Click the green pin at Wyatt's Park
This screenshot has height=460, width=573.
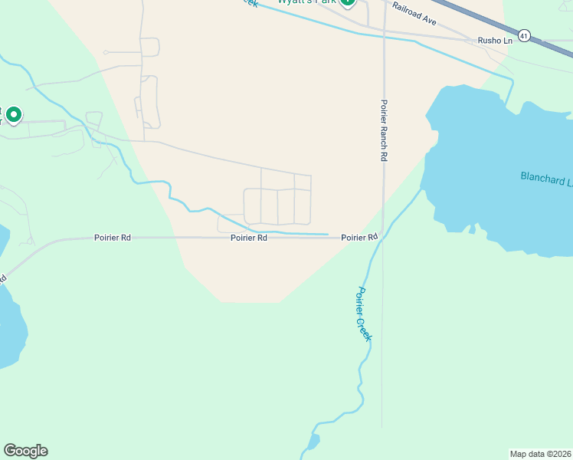click(347, 2)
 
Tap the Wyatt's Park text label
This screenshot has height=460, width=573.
click(306, 2)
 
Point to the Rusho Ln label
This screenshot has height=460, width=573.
click(494, 40)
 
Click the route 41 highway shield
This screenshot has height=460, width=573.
click(524, 35)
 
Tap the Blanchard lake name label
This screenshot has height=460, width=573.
click(545, 178)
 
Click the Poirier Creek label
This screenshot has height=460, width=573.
click(364, 314)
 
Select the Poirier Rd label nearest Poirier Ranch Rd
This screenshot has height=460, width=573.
click(359, 238)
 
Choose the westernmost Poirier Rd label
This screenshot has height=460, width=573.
click(113, 238)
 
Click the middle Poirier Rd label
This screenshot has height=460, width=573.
click(249, 238)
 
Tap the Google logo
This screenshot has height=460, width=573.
click(25, 451)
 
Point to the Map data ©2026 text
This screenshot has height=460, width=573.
click(540, 453)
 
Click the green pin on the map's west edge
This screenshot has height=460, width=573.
click(13, 115)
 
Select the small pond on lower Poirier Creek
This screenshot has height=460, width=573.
click(313, 442)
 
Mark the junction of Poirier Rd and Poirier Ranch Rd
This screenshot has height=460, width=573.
click(382, 238)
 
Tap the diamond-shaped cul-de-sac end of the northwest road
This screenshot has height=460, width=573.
click(106, 52)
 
